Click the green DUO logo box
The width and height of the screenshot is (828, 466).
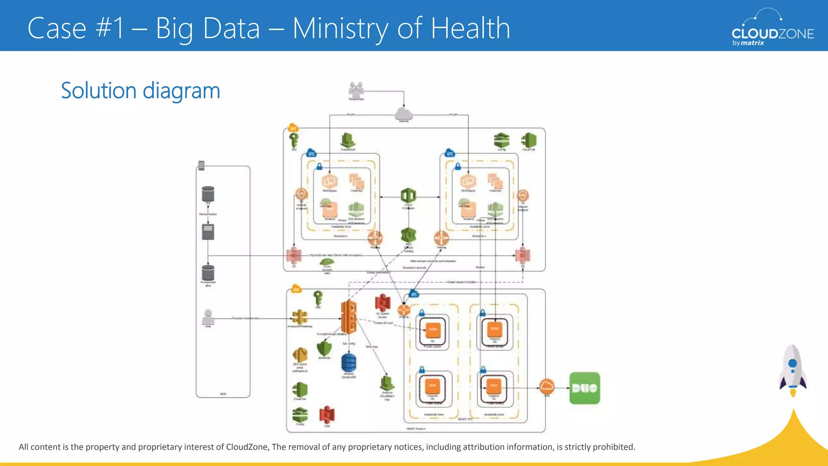(585, 388)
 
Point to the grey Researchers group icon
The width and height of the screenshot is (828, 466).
(356, 89)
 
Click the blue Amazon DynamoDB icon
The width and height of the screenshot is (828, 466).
(349, 362)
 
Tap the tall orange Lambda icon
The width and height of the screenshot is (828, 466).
(349, 317)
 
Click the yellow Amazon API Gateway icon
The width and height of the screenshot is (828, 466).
(300, 317)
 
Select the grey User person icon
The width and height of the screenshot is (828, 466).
(208, 317)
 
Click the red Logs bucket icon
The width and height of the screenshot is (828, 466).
(327, 414)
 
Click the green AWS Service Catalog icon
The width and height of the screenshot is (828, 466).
(408, 235)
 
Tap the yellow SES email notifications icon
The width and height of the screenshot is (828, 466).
(300, 355)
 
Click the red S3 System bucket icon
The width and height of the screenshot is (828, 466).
(382, 303)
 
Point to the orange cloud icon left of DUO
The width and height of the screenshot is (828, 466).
(547, 386)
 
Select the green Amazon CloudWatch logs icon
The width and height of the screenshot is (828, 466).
(387, 383)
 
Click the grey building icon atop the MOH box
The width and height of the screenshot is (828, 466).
(201, 165)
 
